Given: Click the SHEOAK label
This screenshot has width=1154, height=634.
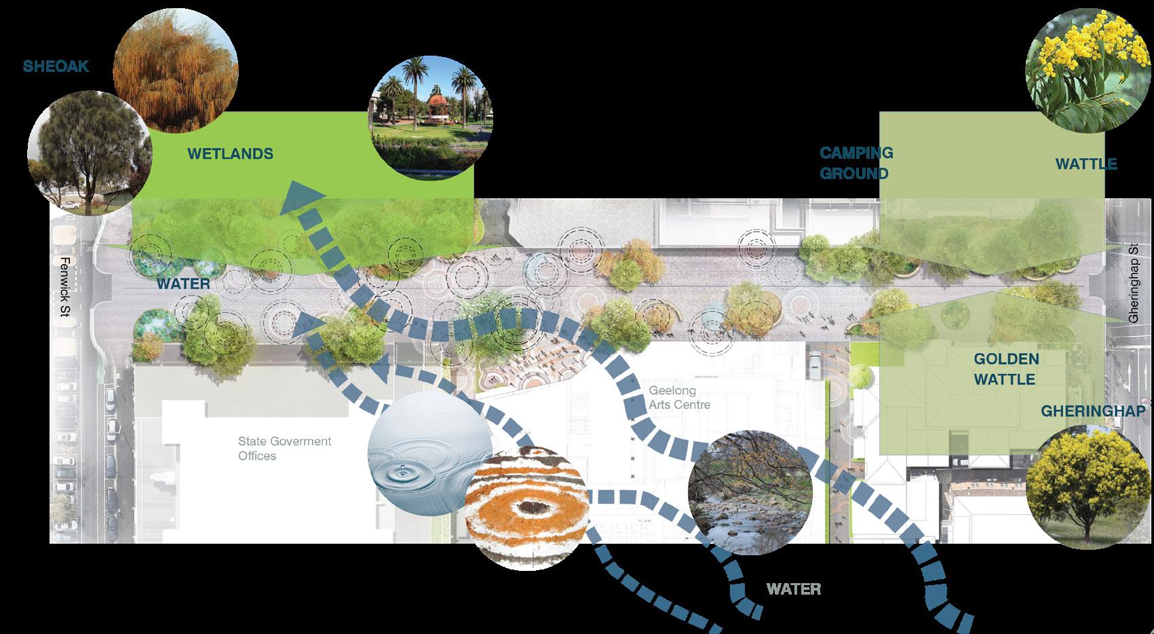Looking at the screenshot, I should coord(56,67).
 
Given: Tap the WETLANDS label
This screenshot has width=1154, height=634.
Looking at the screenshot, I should coord(230,154).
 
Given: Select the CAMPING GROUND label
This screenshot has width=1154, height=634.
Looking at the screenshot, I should coord(856,163).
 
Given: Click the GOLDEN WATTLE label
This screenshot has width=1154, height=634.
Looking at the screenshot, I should coord(1005,369).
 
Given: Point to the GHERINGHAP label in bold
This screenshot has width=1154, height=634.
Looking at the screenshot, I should coord(1092,411).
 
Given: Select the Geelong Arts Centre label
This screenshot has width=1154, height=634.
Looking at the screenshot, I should coord(679,398).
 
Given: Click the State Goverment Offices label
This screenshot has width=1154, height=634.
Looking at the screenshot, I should coord(284,448).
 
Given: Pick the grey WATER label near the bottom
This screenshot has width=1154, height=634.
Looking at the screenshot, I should coord(794,589).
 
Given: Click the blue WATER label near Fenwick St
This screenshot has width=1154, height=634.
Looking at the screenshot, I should coord(183,283).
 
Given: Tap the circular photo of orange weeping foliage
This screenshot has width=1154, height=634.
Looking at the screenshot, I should coord(175,75).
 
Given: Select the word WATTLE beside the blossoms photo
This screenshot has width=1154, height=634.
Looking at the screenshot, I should coord(1085,164).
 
